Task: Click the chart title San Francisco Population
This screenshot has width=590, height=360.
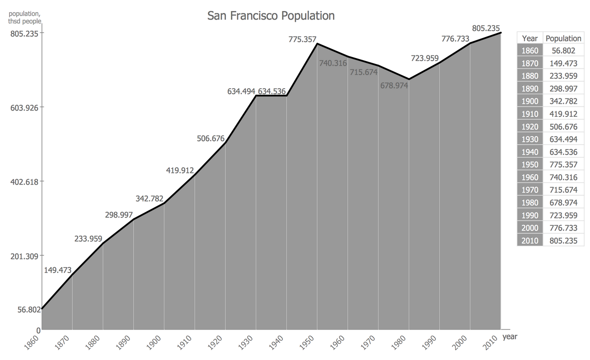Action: [x=271, y=16]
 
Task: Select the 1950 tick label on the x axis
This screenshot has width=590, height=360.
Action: [x=307, y=343]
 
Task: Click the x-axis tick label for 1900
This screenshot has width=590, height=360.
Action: [x=153, y=343]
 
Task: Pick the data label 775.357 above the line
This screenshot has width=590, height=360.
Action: [x=302, y=39]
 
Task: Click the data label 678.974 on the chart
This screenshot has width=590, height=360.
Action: [x=394, y=85]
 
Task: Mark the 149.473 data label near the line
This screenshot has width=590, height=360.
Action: [x=57, y=270]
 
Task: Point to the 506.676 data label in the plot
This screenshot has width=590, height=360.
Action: [x=210, y=138]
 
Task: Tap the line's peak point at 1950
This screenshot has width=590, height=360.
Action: [x=317, y=44]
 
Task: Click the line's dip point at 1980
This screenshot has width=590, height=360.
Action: [x=409, y=79]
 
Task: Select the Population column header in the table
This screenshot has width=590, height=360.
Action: [x=563, y=39]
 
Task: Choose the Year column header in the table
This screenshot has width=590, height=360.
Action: [x=529, y=39]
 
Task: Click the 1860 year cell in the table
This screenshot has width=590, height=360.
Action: [x=529, y=51]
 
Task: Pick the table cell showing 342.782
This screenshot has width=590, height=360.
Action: [x=563, y=101]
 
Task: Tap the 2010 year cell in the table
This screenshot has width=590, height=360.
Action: [x=529, y=241]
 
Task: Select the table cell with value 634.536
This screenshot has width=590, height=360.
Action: [x=563, y=152]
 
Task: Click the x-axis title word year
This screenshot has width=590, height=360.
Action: [x=510, y=337]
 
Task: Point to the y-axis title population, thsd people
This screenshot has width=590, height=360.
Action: [x=24, y=18]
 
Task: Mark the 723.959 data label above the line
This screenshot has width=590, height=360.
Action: [x=425, y=58]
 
